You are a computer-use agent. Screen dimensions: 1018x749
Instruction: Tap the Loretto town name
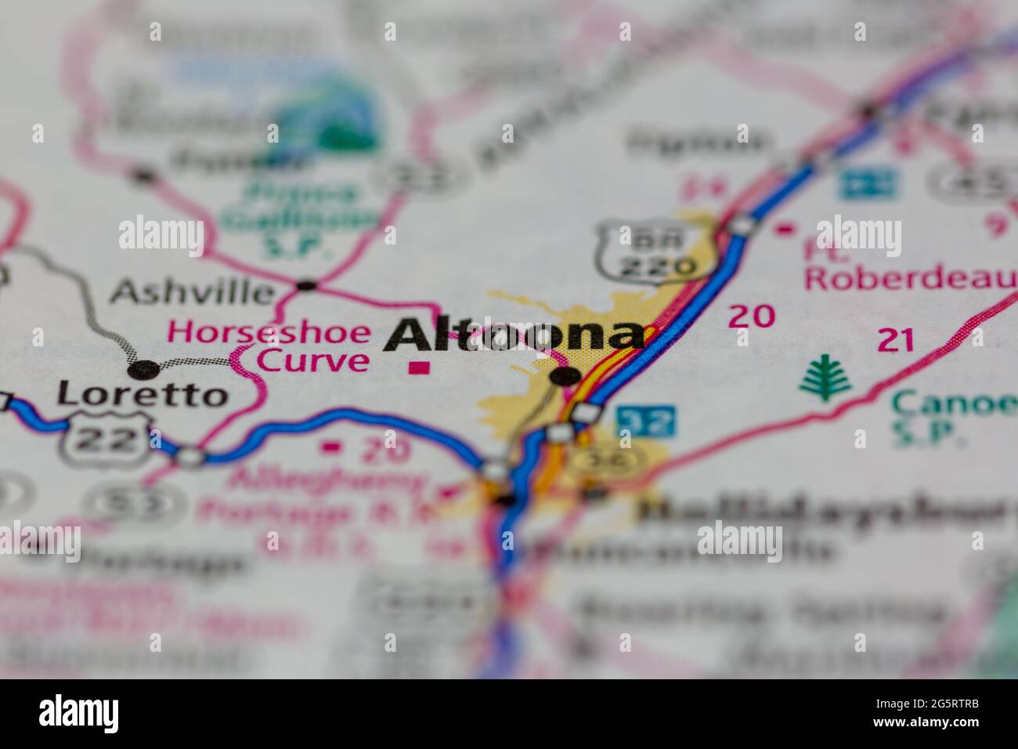(142, 395)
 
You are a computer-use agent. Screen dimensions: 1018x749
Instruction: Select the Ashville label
(192, 293)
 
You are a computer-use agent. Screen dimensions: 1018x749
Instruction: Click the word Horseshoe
(269, 332)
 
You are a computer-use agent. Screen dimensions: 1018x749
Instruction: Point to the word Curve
(313, 361)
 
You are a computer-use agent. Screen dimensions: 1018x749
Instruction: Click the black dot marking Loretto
(144, 368)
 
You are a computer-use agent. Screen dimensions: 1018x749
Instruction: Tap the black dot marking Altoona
(565, 377)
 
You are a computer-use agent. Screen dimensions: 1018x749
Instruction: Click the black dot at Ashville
(306, 285)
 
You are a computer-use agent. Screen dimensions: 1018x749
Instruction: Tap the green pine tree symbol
(825, 378)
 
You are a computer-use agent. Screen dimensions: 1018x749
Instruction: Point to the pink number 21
(896, 341)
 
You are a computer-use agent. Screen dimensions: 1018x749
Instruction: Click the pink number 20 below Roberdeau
(752, 317)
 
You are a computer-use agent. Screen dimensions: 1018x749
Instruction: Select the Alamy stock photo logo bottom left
(78, 713)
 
